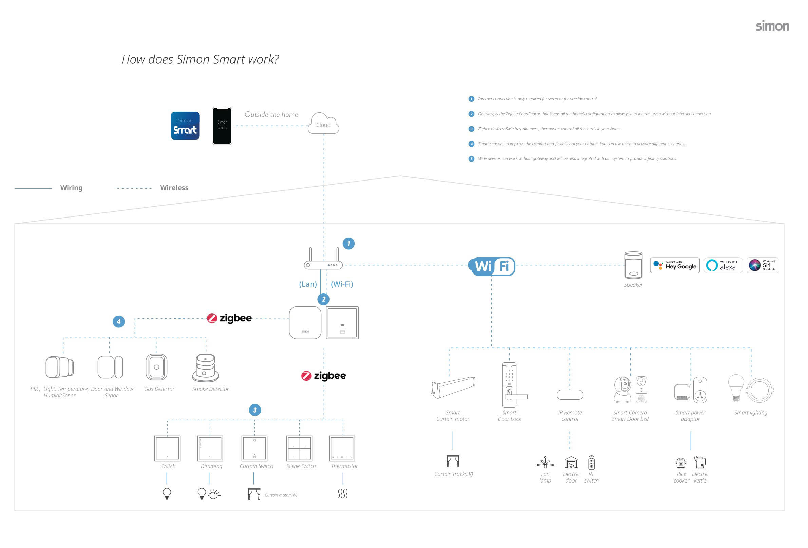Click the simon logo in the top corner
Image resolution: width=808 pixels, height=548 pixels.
pos(772,26)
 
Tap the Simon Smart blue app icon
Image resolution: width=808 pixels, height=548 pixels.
pos(185,126)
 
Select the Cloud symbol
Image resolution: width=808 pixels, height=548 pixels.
pos(323,124)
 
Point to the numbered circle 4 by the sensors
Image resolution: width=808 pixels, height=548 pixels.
pos(118,322)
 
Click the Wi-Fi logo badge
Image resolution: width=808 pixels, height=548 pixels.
pos(492,267)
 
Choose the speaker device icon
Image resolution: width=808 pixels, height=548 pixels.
pos(633,265)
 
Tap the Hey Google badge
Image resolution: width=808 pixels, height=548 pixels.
pos(675,265)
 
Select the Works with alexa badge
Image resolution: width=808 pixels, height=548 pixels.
pos(723,265)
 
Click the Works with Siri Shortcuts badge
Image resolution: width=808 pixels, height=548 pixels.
pos(762,265)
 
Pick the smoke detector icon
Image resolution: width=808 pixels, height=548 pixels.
pos(205,368)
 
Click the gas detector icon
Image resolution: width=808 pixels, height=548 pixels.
pos(156,367)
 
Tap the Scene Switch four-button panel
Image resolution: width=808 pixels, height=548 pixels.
pos(299,448)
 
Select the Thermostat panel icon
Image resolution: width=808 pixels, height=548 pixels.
pos(342,448)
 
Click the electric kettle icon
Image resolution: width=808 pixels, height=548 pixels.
pos(700,462)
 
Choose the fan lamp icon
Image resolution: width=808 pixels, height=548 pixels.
pos(545,462)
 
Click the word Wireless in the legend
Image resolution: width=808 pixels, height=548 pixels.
pos(174,188)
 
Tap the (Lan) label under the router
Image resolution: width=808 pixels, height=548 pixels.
pos(308,284)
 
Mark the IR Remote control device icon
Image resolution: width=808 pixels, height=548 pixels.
pos(569,395)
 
